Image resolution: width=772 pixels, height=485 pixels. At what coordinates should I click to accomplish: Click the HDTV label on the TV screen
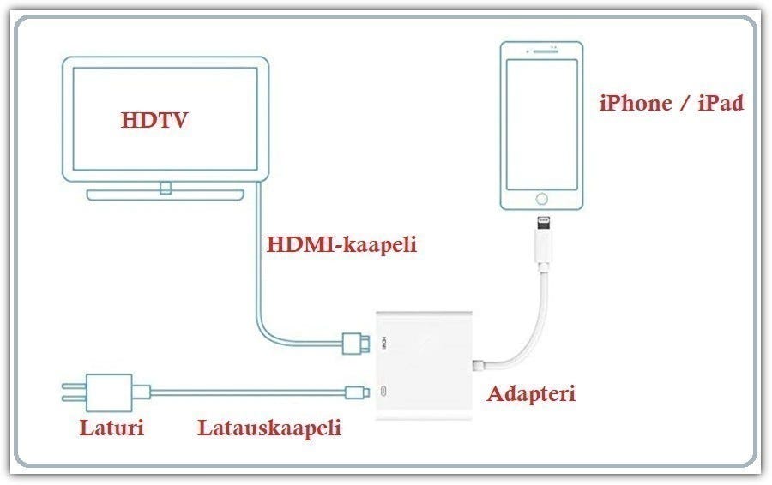(x=154, y=119)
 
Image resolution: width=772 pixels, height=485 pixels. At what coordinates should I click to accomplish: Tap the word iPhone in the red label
(x=635, y=104)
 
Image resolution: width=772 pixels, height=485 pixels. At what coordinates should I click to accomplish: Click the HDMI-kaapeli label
(x=341, y=244)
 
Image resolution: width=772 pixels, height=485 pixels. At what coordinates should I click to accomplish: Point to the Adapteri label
(x=531, y=394)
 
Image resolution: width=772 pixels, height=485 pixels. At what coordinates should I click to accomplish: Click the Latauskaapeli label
(x=269, y=427)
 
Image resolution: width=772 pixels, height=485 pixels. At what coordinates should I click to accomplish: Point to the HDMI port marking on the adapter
(x=384, y=342)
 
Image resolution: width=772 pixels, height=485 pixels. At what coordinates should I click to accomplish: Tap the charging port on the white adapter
(x=383, y=392)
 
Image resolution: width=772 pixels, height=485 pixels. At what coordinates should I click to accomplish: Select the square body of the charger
(x=112, y=392)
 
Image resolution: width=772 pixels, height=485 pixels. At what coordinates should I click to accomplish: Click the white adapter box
(x=429, y=364)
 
